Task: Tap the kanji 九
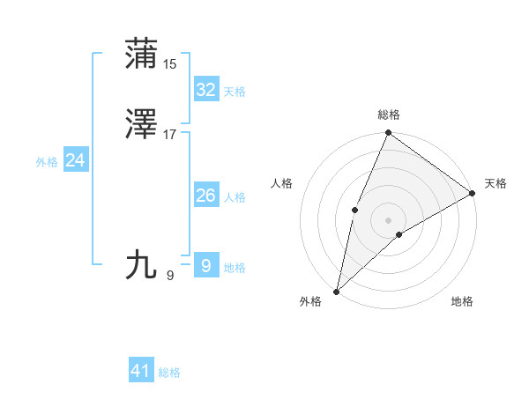click(142, 264)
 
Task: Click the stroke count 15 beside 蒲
click(170, 64)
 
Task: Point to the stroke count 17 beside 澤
click(170, 135)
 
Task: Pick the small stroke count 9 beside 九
click(170, 276)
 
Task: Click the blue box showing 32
click(205, 89)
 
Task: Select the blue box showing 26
click(205, 196)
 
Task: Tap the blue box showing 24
click(75, 160)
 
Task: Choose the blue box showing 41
click(141, 371)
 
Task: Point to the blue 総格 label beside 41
click(169, 373)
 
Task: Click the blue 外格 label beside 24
click(46, 162)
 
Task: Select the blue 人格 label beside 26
click(235, 197)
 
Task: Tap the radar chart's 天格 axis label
click(495, 183)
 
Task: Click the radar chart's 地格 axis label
click(462, 301)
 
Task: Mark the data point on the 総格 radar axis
click(388, 133)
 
